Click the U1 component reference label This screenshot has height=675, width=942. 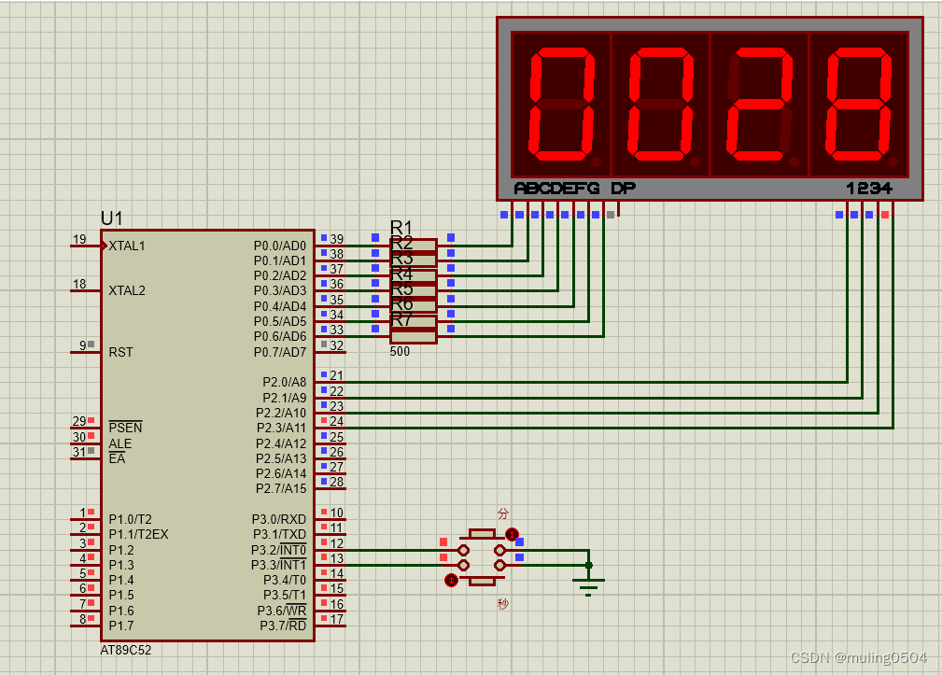coord(111,218)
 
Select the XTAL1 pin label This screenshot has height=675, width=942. coord(127,246)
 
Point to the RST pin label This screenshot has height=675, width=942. coord(120,352)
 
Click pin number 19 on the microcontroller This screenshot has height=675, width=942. coord(79,240)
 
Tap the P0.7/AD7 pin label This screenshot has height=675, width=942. coord(280,352)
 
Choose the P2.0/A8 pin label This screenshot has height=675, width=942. coord(285,382)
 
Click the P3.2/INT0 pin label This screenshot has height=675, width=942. coord(279,550)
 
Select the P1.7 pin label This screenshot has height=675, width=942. coord(120,625)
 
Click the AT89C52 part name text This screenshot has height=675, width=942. coord(125,649)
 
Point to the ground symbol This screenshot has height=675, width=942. coord(588,585)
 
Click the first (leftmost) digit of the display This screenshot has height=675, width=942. coord(562,104)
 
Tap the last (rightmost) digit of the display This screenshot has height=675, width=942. coord(859,104)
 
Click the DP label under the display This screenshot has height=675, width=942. coord(623,189)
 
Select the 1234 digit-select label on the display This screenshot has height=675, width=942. coord(869,189)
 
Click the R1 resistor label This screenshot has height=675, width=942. coord(401,227)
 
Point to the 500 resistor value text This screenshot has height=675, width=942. coord(400,352)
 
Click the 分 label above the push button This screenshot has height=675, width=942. coord(503,513)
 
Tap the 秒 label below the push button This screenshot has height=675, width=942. coord(503,604)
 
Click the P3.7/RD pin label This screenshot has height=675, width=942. coord(283,625)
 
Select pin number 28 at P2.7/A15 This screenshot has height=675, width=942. coord(336,483)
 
